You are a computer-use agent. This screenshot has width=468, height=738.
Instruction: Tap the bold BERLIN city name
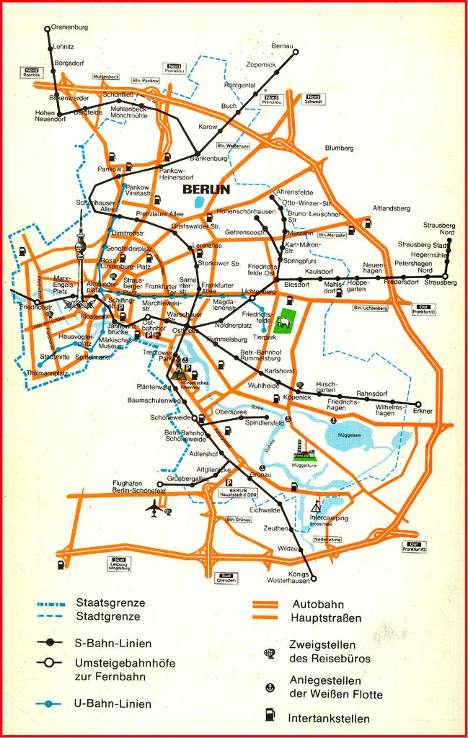click(206, 190)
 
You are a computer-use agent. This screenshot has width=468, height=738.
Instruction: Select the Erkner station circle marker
click(418, 404)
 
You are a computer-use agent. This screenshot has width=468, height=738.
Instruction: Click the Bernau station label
click(282, 46)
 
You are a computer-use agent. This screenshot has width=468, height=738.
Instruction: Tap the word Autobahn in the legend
click(318, 604)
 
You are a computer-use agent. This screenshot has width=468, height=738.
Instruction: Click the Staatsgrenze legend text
click(110, 603)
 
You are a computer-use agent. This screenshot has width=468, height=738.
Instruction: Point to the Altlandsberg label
click(392, 208)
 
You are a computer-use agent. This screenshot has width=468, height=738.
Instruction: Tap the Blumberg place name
click(339, 148)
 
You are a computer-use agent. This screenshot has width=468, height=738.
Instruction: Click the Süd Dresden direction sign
click(225, 577)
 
